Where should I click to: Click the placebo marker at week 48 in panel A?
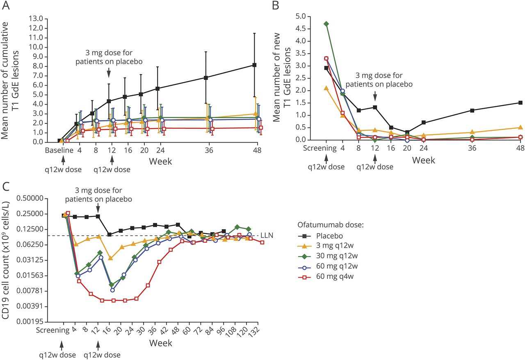pyautogui.click(x=255, y=65)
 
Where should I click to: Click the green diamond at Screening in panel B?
pyautogui.click(x=326, y=24)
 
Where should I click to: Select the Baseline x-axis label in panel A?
pyautogui.click(x=59, y=150)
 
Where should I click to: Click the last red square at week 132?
pyautogui.click(x=262, y=242)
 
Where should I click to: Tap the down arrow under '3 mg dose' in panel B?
pyautogui.click(x=375, y=96)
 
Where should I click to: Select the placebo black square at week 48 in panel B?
pyautogui.click(x=520, y=103)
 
